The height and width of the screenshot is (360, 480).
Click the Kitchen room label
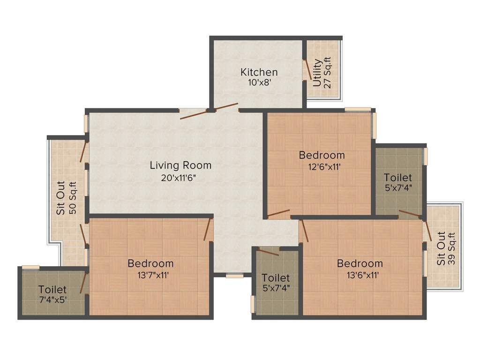click(x=259, y=72)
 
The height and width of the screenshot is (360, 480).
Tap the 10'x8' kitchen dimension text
click(x=259, y=82)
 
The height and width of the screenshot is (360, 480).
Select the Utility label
click(x=317, y=73)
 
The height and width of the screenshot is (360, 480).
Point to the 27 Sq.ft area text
click(x=328, y=73)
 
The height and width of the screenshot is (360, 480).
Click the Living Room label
click(x=180, y=165)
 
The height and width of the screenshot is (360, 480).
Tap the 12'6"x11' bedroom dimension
click(x=322, y=166)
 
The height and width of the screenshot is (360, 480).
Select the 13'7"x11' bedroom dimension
click(x=150, y=275)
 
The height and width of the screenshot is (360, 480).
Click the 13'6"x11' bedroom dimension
click(x=360, y=275)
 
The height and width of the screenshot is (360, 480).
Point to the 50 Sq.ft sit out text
click(x=73, y=197)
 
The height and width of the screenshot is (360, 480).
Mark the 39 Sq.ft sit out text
click(x=452, y=248)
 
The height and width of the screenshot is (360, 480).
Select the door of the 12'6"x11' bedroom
click(x=278, y=214)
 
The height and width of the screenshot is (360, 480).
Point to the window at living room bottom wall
click(x=234, y=276)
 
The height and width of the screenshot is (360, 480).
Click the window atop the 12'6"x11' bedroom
click(x=358, y=110)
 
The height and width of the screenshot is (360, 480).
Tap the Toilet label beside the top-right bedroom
click(x=398, y=178)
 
